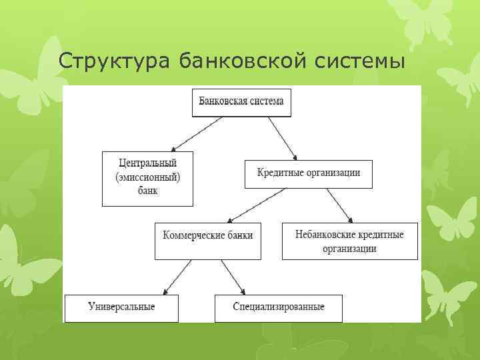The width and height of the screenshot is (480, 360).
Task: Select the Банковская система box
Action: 241,102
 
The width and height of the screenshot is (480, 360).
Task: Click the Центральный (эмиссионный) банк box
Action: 147,178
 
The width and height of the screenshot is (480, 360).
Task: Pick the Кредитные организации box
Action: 309,173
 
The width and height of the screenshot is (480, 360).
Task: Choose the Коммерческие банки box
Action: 208,240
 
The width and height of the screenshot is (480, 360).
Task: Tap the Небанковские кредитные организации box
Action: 349,241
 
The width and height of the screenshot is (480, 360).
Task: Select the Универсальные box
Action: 121,308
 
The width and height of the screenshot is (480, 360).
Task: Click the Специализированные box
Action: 279,308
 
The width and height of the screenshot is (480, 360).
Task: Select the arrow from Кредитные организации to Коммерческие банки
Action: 257,205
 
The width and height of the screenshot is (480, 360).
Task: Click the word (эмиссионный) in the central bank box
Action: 147,178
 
